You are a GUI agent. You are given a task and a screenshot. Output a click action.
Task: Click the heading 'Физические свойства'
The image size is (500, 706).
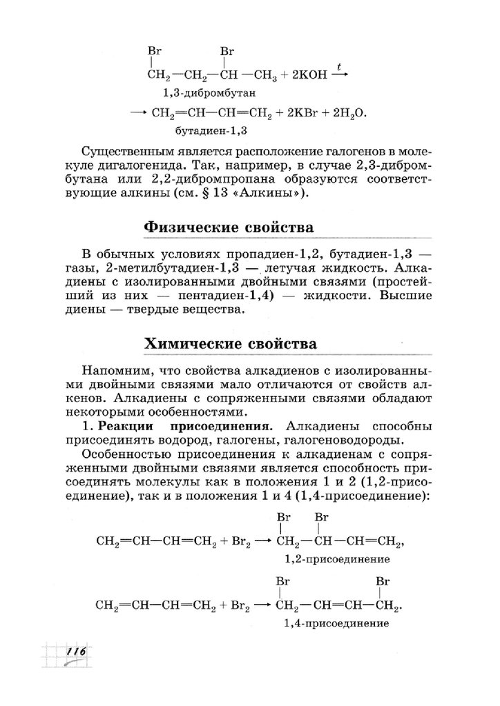tap(228, 228)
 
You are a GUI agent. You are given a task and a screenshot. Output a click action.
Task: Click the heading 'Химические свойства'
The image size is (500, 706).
tap(230, 343)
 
